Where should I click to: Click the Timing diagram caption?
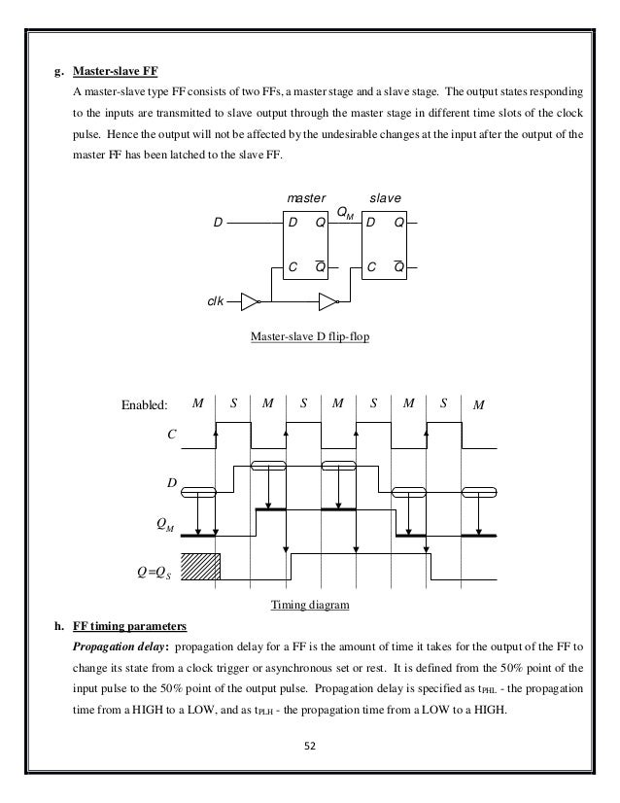[308, 605]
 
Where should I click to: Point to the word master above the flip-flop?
[304, 197]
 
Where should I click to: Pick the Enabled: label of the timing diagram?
[144, 402]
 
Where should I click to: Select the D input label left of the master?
[219, 223]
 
